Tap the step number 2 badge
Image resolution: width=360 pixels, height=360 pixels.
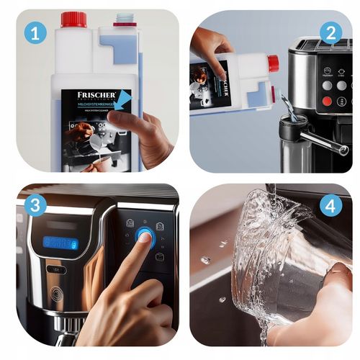tap(330, 33)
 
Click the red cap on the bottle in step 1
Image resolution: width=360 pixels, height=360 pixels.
tap(73, 19)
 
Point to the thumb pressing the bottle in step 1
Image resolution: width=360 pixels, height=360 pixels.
tap(129, 122)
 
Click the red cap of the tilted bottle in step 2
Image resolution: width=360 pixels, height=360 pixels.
tap(273, 63)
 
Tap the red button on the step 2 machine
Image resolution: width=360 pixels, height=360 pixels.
tap(328, 101)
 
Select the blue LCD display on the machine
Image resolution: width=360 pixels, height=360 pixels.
tap(60, 243)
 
